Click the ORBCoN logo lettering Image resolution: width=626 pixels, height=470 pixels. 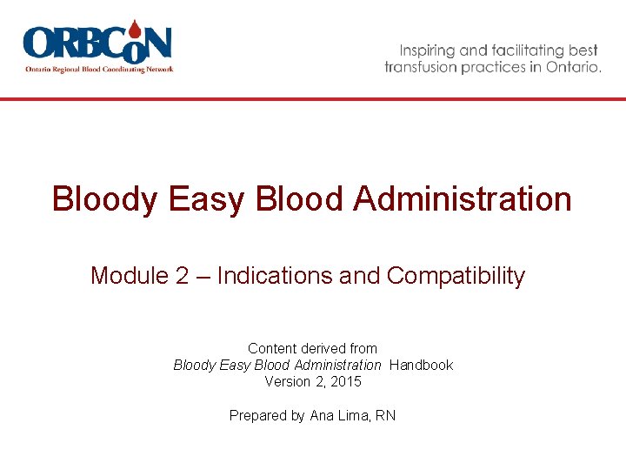97,44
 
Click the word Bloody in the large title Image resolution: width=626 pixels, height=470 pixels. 105,199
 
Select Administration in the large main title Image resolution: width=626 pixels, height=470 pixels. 463,199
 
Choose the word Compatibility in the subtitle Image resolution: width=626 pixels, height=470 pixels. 456,276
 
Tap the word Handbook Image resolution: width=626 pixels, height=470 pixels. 422,365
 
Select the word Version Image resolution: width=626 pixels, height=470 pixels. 288,381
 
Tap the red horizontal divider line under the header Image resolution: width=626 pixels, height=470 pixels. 313,99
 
